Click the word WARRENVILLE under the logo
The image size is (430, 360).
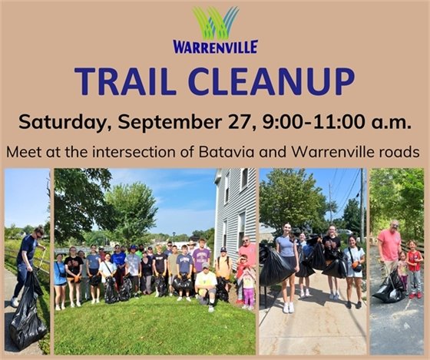pyautogui.click(x=215, y=47)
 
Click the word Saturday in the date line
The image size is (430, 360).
pyautogui.click(x=58, y=121)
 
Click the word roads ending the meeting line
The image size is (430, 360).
pyautogui.click(x=399, y=151)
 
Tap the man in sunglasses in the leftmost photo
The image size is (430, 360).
pyautogui.click(x=28, y=261)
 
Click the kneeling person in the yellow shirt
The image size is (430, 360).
pyautogui.click(x=206, y=285)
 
